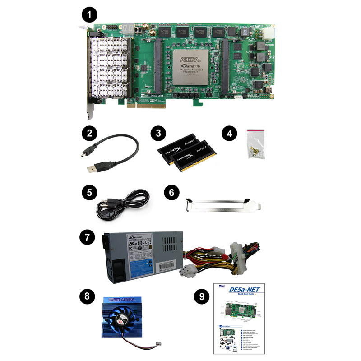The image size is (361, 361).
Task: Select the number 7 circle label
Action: coord(87,236)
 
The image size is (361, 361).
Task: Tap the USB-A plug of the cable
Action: coord(94,168)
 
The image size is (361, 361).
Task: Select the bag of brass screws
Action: coord(255,144)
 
